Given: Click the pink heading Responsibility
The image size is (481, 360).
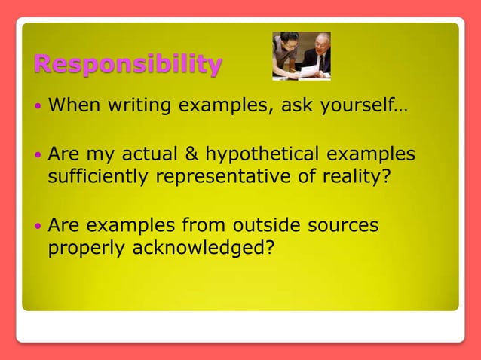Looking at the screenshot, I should (x=128, y=64).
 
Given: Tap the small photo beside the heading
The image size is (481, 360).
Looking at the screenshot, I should (x=301, y=56).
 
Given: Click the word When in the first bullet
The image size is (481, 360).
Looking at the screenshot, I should (x=72, y=105).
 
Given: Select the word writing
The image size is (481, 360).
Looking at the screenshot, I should (x=137, y=105).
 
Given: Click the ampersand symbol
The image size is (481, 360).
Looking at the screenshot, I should (x=191, y=154).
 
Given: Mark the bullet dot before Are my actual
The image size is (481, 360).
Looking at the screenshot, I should (x=39, y=155).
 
